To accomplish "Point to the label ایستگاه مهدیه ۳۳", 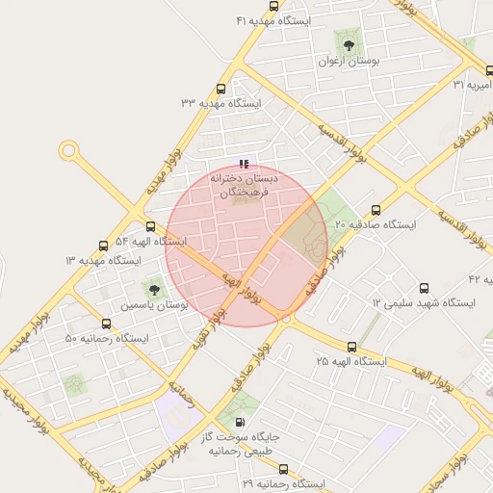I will [x=221, y=102].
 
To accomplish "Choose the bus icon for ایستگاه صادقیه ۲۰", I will [x=376, y=210].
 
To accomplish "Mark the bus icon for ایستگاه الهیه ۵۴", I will [x=150, y=226].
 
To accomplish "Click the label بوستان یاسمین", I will [x=154, y=304].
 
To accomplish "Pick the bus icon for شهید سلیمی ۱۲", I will [x=425, y=288].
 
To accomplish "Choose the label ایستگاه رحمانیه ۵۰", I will [x=107, y=339].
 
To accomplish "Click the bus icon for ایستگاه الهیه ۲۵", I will [x=351, y=347].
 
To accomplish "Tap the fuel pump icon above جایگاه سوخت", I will [x=239, y=422].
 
